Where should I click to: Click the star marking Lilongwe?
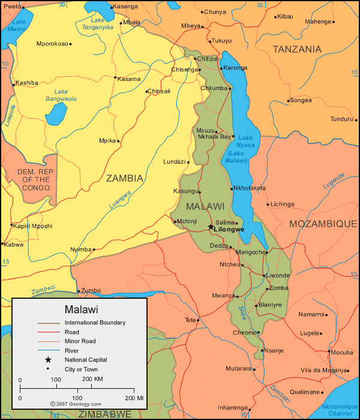coord(210,227)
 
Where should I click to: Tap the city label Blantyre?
coord(270,305)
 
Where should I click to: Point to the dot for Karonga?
coord(221,68)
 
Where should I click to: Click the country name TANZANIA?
coord(297,50)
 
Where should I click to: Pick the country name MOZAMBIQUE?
coord(323,224)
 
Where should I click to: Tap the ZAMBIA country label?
coord(125,178)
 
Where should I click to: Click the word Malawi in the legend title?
coord(79,310)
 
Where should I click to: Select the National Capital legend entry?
coord(86,359)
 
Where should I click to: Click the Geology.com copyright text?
coord(76,404)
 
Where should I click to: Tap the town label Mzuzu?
coord(205,130)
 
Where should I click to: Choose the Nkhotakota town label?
coord(249,188)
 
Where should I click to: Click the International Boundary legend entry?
coord(95,323)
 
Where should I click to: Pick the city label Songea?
coord(301,100)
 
